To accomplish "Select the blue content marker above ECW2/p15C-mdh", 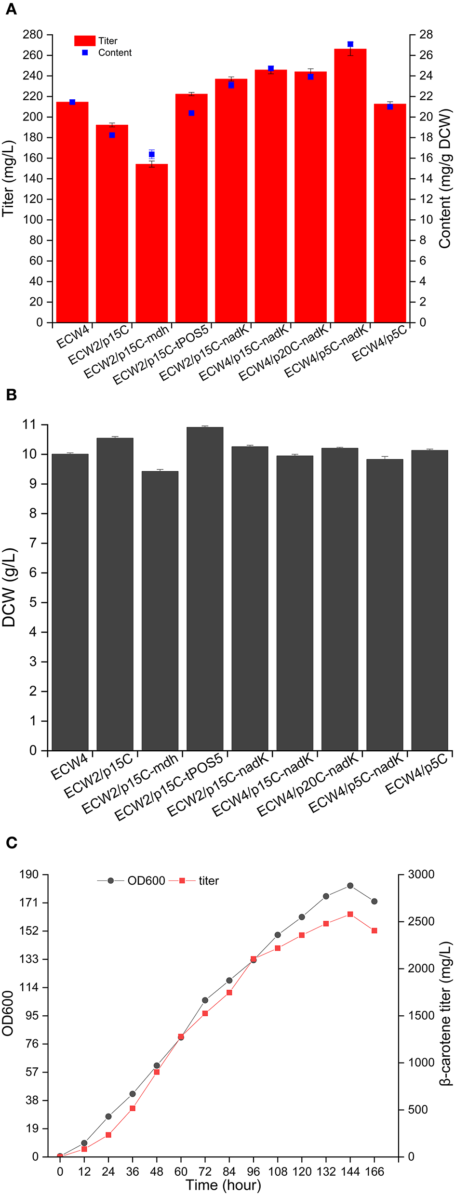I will [x=152, y=154].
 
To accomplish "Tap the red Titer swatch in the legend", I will [x=85, y=40].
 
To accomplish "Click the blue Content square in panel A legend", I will [x=85, y=53].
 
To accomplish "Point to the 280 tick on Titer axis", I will [x=33, y=35].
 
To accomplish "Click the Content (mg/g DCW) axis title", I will [x=444, y=178].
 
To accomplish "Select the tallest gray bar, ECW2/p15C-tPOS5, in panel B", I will [x=205, y=588].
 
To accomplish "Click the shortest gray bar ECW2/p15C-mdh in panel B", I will [x=160, y=612].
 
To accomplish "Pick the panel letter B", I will [x=11, y=395].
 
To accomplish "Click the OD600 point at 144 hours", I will [x=350, y=886].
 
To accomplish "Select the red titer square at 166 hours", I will [x=375, y=930].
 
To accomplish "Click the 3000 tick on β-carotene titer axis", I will [x=421, y=874].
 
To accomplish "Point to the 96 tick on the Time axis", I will [x=253, y=1172].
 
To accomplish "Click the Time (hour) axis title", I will [x=223, y=1185].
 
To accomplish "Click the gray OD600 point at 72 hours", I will [x=205, y=1000].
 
